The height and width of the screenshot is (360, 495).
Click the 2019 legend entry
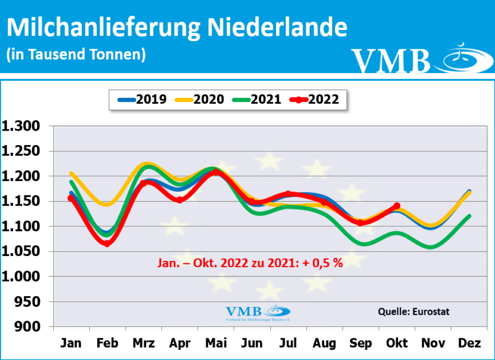(143, 99)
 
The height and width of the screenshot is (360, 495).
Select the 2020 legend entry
(200, 99)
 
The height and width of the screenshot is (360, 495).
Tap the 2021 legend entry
(257, 99)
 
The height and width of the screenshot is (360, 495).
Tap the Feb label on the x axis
(107, 343)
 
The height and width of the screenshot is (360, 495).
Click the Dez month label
(469, 343)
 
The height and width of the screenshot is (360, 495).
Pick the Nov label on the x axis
(433, 343)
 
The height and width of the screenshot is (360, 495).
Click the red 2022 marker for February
(107, 243)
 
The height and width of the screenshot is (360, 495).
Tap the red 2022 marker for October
(397, 206)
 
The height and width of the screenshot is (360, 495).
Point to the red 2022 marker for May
(216, 172)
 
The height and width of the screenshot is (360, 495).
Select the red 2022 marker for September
(360, 223)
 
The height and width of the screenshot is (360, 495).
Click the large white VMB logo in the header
(392, 60)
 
